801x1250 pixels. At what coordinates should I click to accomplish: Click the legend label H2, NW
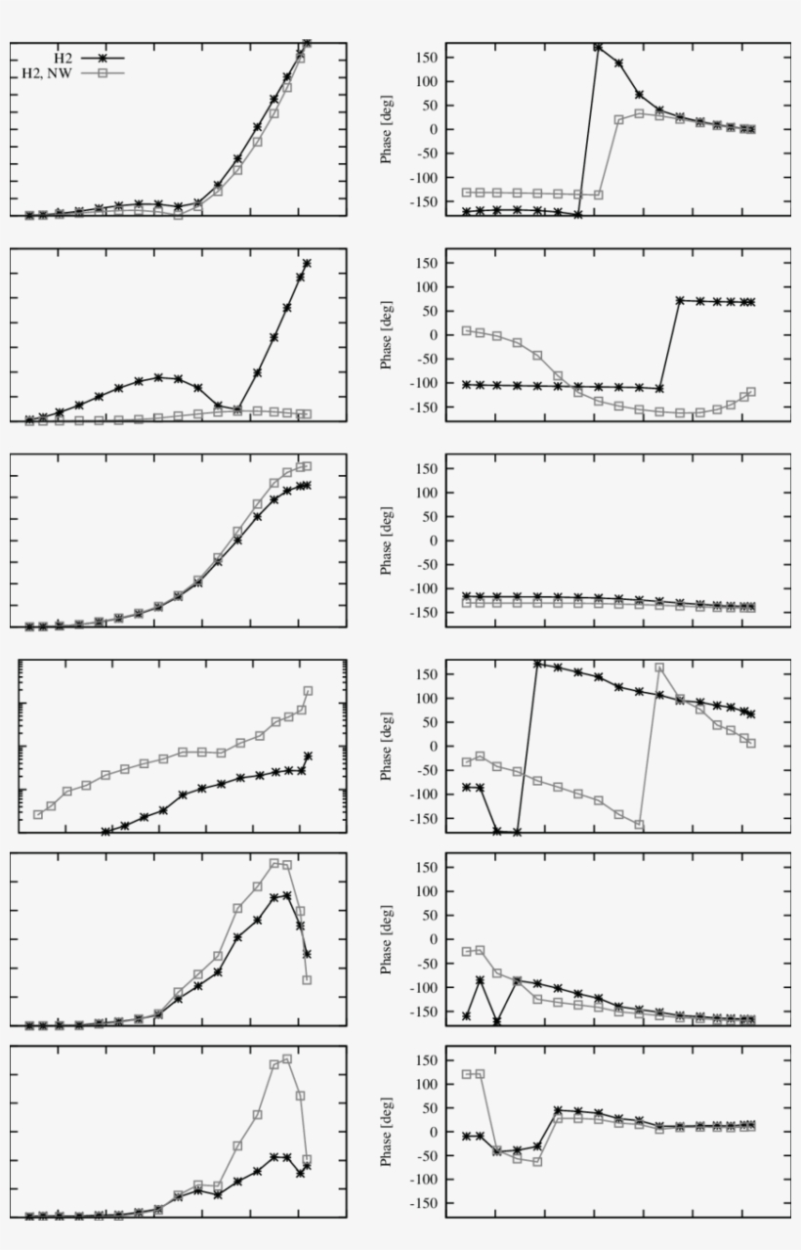(49, 72)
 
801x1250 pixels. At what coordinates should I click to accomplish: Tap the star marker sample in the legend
(103, 58)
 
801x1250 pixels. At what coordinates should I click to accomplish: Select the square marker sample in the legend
(103, 72)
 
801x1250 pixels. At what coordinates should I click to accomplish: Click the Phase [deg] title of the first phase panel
(386, 128)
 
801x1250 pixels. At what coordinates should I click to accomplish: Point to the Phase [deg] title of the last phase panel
(386, 1131)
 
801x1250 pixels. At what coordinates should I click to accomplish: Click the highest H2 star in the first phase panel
(598, 46)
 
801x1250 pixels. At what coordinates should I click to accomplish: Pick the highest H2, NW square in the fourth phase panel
(659, 668)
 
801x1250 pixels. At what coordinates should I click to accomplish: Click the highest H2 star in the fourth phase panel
(537, 664)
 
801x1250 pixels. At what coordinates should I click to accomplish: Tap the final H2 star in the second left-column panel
(307, 263)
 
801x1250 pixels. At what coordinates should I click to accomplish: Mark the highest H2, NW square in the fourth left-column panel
(308, 691)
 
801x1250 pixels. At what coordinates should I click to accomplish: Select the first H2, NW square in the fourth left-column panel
(38, 814)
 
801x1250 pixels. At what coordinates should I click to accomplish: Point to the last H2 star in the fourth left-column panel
(308, 755)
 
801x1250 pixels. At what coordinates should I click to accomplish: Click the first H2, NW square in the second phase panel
(467, 330)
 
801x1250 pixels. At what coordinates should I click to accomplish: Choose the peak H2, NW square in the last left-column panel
(287, 1058)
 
